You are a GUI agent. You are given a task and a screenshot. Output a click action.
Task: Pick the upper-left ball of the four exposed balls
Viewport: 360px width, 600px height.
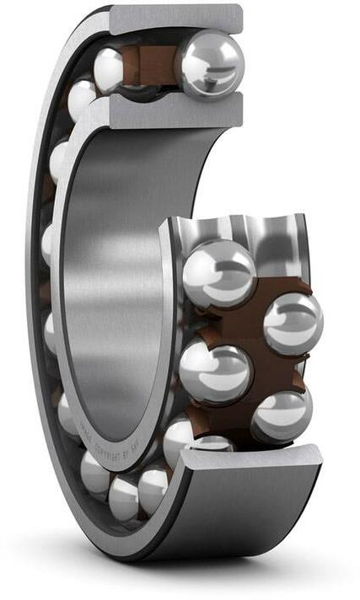218,273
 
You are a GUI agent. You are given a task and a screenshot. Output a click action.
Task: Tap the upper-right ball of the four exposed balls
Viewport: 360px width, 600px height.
293,323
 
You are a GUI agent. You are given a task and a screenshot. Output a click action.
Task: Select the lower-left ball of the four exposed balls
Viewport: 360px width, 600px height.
215,372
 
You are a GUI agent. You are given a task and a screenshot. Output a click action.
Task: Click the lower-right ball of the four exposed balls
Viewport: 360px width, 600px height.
282,412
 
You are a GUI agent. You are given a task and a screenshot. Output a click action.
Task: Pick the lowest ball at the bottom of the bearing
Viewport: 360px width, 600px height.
125,498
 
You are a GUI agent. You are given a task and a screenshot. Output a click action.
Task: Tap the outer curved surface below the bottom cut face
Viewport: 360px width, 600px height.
244,514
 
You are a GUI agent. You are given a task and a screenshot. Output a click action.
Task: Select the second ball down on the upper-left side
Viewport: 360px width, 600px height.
82,99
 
